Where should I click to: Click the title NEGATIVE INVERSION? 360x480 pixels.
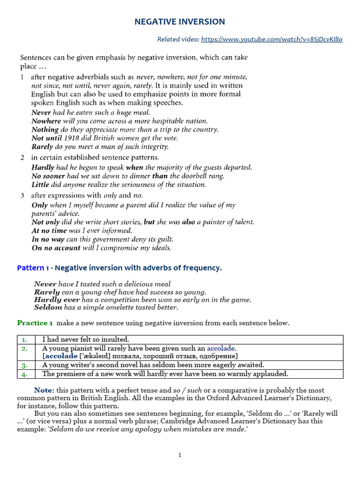point(180,22)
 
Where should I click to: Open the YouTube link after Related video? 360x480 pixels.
point(271,39)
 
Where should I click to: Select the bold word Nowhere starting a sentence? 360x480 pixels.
point(46,121)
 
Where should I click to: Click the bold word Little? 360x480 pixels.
point(40,184)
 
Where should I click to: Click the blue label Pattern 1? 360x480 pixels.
point(33,268)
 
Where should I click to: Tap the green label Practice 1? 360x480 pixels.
point(35,323)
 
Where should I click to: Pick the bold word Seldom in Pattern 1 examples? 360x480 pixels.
point(48,307)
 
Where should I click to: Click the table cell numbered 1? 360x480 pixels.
point(24,339)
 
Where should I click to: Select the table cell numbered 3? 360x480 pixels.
point(24,365)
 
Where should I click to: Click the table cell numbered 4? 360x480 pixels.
point(24,374)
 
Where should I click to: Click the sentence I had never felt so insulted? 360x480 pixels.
point(85,339)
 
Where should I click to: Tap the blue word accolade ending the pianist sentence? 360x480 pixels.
point(221,348)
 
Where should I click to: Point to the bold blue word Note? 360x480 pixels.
point(44,390)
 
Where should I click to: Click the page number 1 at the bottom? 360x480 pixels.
point(180,455)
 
